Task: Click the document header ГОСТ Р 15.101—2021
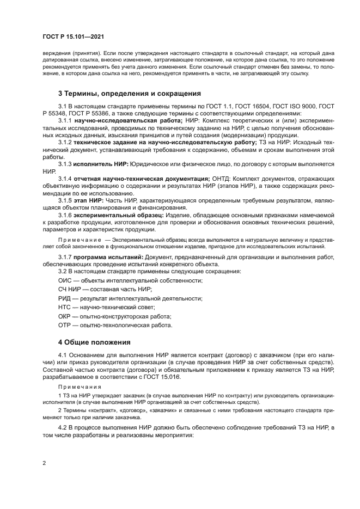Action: point(73,36)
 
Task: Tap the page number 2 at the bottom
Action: point(44,463)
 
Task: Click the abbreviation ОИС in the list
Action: point(65,280)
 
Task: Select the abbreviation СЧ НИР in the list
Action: point(70,289)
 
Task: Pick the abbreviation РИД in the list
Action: point(65,298)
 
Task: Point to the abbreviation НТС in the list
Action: point(65,307)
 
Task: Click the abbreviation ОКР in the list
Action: point(65,316)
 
